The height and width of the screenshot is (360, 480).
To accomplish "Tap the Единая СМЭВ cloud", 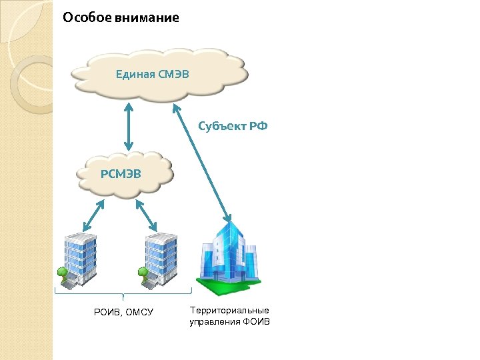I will coord(161,73).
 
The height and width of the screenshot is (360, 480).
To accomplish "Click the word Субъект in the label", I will coord(223,126).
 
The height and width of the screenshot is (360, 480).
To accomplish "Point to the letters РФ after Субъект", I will coord(259,126).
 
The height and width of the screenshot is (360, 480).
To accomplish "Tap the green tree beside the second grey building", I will coord(141,273).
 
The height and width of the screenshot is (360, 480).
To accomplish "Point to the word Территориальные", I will coord(229,310).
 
